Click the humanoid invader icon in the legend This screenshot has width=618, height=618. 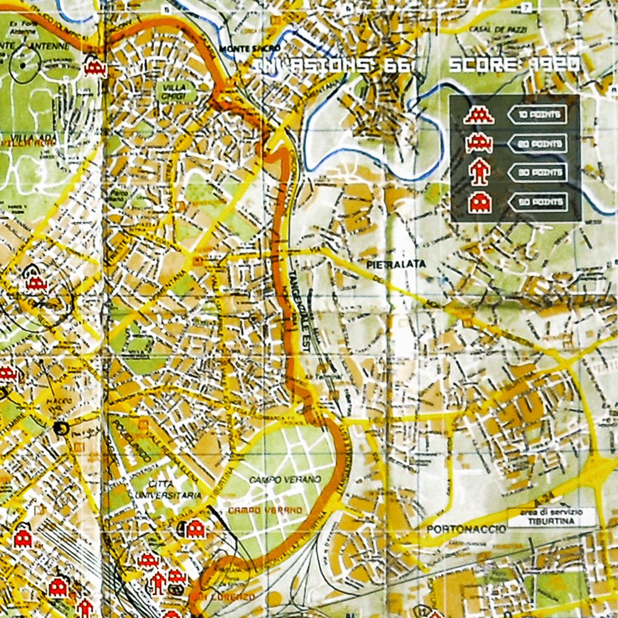tap(479, 173)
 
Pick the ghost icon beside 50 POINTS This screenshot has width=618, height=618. tap(479, 202)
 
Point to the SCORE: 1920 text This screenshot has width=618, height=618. tap(514, 65)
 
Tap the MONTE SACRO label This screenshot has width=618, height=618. tap(249, 49)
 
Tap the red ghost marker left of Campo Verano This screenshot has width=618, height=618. tap(195, 527)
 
